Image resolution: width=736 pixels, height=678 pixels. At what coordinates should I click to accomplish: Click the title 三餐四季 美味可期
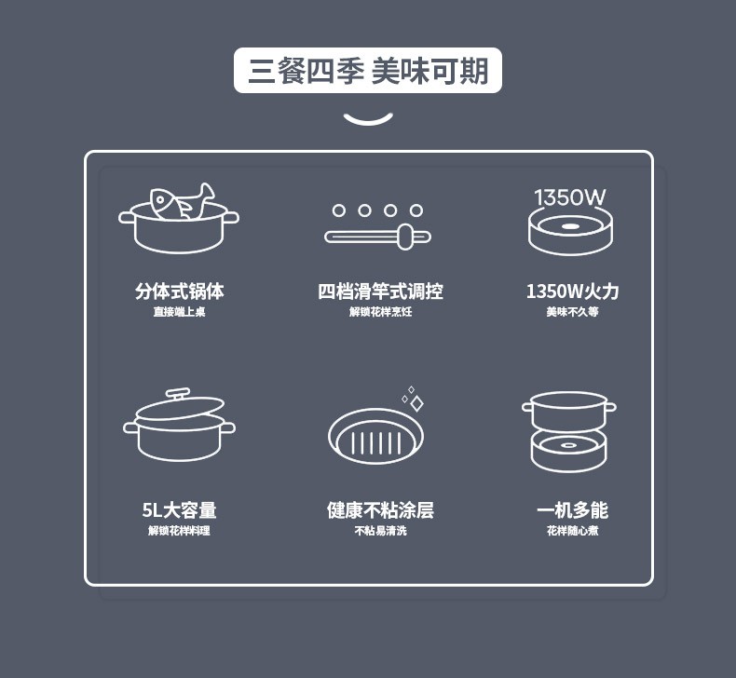(x=369, y=71)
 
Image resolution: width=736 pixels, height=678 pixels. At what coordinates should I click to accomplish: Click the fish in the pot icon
(x=182, y=201)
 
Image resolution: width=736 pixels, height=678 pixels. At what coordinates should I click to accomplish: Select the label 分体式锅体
(x=179, y=291)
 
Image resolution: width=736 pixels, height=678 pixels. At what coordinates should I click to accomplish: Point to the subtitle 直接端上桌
(x=179, y=312)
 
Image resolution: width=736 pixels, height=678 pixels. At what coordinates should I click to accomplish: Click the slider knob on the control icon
(x=405, y=237)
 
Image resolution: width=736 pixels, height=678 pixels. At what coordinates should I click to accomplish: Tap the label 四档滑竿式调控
(x=380, y=291)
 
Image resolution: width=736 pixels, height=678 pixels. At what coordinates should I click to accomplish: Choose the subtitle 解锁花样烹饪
(x=380, y=312)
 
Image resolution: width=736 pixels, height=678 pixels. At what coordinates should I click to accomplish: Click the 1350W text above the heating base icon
(x=570, y=197)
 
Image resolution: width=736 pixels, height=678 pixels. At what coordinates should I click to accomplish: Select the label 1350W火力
(x=572, y=291)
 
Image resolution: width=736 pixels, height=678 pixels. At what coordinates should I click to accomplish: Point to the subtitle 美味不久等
(x=572, y=312)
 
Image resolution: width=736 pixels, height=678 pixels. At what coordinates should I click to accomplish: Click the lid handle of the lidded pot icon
(x=178, y=393)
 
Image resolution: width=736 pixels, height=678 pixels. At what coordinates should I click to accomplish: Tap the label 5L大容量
(x=179, y=510)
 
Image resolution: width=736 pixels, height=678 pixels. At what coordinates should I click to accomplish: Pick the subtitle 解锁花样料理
(x=179, y=531)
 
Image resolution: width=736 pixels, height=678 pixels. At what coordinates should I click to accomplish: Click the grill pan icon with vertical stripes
(x=375, y=437)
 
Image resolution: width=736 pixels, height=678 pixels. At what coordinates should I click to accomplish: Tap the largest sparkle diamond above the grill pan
(x=416, y=403)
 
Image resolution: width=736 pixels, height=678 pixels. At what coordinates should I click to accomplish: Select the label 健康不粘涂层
(x=380, y=510)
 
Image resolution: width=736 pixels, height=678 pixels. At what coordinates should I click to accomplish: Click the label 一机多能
(x=572, y=510)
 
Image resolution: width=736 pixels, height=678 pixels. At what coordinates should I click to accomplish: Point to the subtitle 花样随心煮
(x=572, y=531)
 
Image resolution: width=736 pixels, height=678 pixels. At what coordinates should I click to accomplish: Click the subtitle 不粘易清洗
(x=380, y=531)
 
